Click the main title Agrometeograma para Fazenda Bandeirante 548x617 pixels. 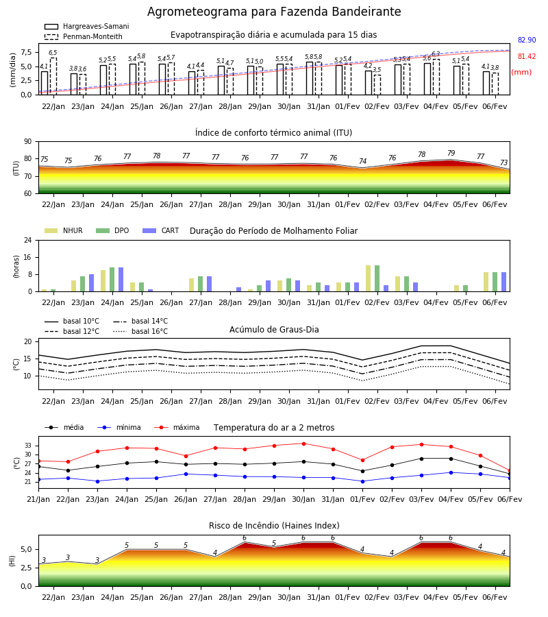point(274,12)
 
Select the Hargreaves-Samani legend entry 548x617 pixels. point(86,26)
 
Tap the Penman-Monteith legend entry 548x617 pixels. point(84,36)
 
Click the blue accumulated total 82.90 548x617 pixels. point(527,40)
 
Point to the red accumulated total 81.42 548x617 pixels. point(527,57)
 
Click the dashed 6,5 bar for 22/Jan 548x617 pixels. point(53,76)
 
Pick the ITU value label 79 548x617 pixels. point(451,153)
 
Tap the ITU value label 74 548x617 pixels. point(362,161)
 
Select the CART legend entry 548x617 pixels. point(160,230)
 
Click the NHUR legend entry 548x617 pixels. point(63,230)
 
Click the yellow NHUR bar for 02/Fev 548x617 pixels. point(369,278)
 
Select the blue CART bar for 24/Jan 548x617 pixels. point(121,280)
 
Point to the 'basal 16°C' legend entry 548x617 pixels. point(140,331)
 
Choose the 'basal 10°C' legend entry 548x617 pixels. point(72,321)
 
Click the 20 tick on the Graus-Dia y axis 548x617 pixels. point(28,341)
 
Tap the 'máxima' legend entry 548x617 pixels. point(177,427)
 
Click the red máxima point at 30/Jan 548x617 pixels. point(304,444)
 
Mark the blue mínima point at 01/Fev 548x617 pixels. point(362,481)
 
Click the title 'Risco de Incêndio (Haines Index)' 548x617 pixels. point(274,526)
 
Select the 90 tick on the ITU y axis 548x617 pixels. point(28,142)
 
